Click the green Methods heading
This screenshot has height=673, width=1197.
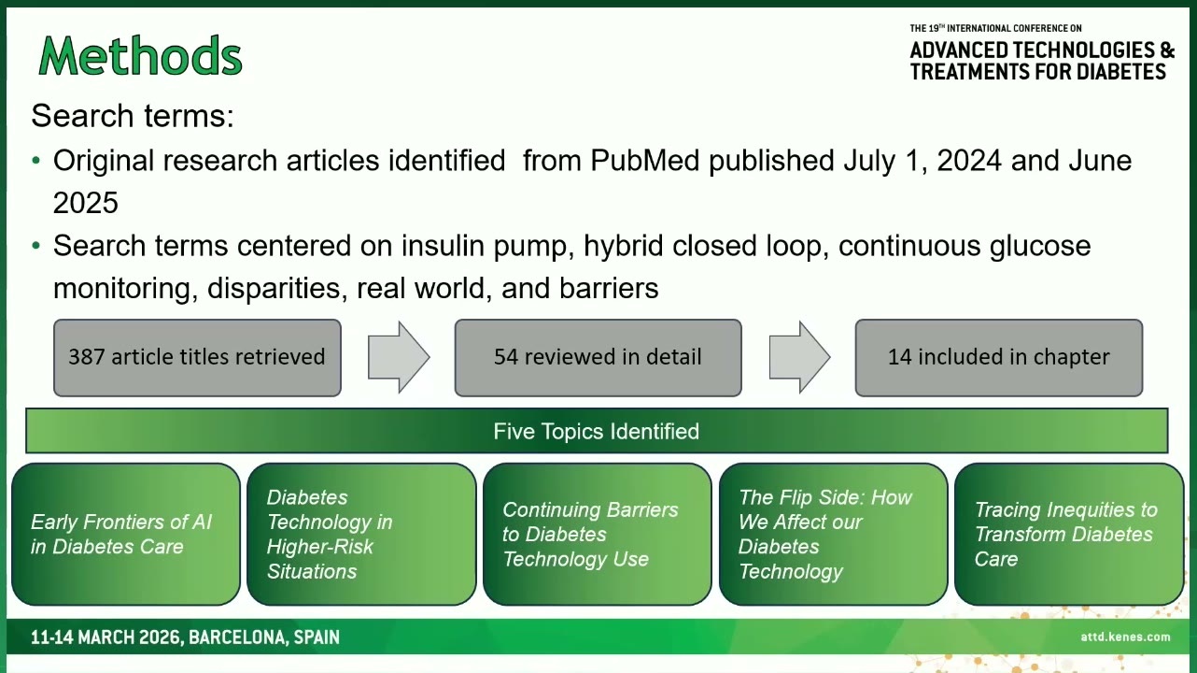[x=141, y=56]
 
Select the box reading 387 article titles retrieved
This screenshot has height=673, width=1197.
[x=197, y=357]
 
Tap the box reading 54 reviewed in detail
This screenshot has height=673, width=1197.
[x=598, y=357]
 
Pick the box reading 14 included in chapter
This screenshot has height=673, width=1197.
[x=999, y=357]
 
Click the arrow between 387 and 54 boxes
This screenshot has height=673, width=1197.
[x=399, y=357]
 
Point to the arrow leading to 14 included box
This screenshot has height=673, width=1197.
[x=799, y=357]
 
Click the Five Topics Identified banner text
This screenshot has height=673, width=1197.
[x=596, y=431]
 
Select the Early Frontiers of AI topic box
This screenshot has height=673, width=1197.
[x=125, y=534]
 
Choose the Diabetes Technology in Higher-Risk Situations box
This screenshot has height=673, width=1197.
[x=361, y=534]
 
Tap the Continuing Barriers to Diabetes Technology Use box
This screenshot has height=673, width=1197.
[x=598, y=534]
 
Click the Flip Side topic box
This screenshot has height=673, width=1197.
[x=833, y=534]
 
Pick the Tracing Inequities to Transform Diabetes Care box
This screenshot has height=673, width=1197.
[x=1069, y=534]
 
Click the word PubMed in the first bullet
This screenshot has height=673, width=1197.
[x=645, y=160]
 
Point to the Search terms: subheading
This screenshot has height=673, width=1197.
[x=133, y=115]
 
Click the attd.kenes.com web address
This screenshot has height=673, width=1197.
[x=1125, y=637]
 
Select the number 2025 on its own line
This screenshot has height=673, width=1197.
[x=86, y=203]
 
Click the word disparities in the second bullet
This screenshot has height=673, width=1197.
[x=274, y=288]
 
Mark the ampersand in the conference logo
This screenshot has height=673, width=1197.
[x=1167, y=50]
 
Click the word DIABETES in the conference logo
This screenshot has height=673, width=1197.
[x=1121, y=72]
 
